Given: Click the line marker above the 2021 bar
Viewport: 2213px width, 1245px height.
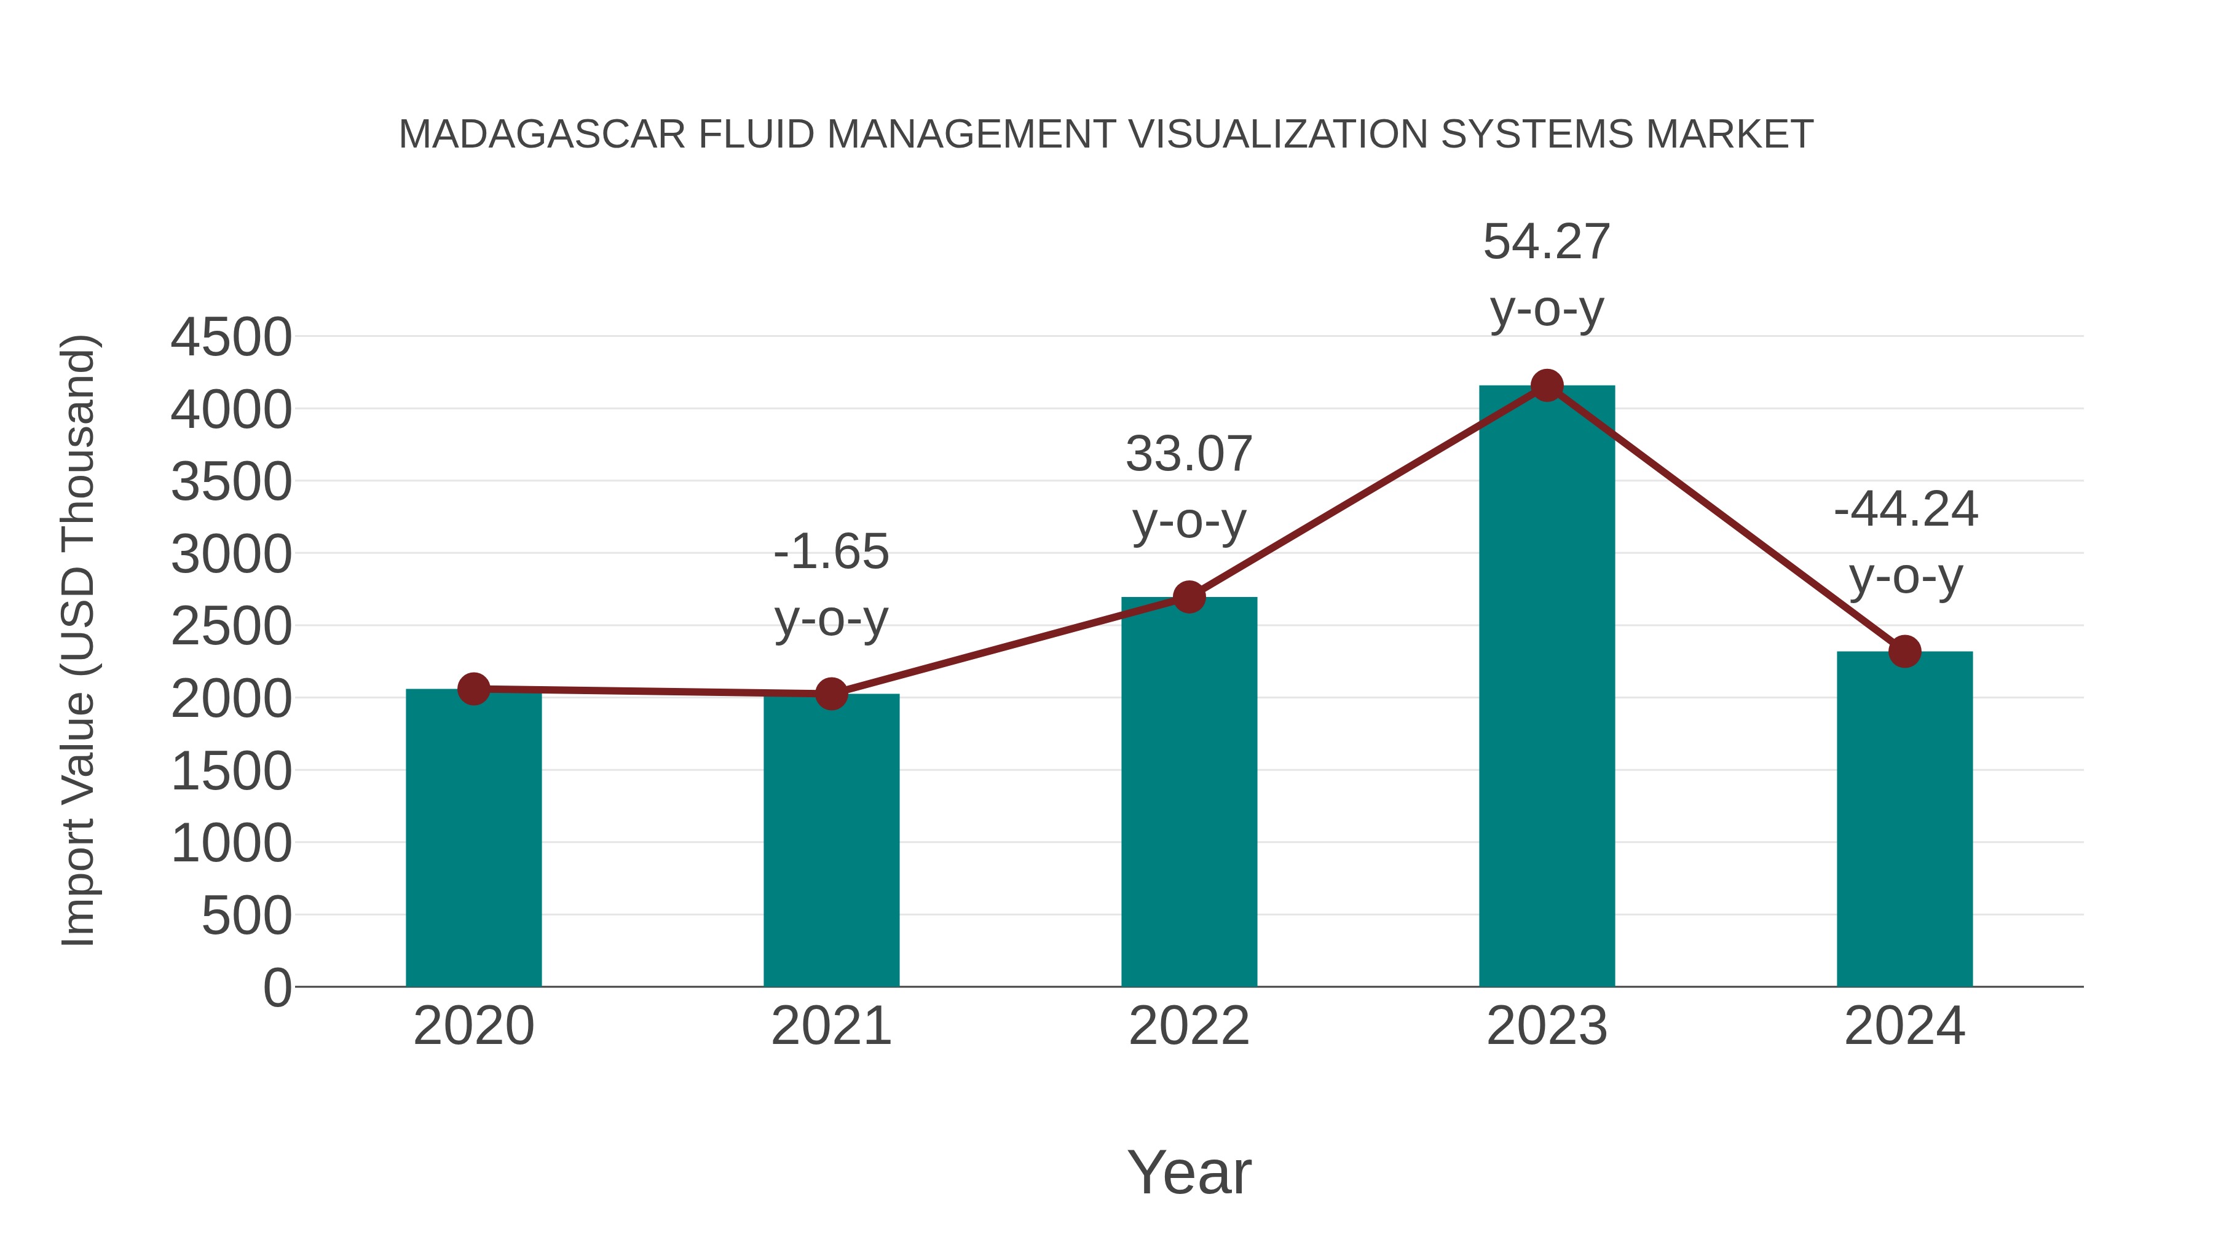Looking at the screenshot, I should (x=830, y=694).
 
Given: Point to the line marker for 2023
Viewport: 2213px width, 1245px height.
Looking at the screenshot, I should (x=1547, y=385).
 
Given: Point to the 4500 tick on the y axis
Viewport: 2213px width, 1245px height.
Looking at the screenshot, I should (x=231, y=337).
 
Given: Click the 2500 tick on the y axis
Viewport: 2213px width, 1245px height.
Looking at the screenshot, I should (x=231, y=626).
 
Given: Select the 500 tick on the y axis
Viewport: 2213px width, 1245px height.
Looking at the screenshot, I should (x=247, y=916).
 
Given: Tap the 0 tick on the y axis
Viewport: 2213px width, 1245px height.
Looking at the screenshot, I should (x=277, y=988).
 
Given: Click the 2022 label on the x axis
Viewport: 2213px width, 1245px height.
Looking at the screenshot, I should (x=1189, y=1026).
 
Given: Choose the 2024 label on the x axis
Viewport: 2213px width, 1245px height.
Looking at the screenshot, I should (x=1904, y=1026).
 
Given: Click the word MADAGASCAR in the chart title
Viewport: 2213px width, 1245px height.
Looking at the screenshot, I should (x=542, y=135).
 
